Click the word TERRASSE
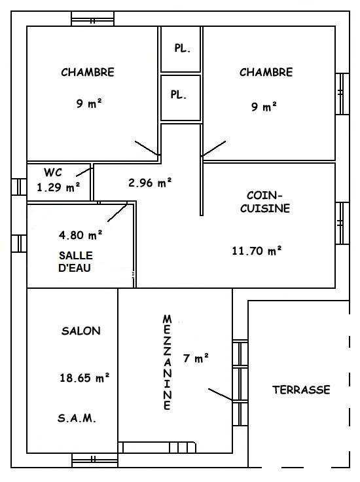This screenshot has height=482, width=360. (301, 390)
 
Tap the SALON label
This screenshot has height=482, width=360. (81, 331)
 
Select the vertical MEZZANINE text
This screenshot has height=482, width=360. (167, 362)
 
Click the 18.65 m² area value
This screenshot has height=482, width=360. (84, 377)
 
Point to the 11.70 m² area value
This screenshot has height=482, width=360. (257, 251)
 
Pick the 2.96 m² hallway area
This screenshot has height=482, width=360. (150, 183)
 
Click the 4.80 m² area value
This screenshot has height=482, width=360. (81, 235)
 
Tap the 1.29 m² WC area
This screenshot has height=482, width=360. (58, 187)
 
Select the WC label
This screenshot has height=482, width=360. (53, 172)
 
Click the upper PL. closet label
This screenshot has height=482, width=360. (183, 48)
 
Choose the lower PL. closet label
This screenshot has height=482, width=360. (179, 95)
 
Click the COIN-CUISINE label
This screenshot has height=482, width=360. (265, 202)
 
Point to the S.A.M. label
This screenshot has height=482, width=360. (77, 418)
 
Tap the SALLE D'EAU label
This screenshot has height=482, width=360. (75, 261)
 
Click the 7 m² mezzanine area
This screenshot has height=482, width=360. (196, 358)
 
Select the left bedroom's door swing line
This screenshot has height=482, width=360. (147, 148)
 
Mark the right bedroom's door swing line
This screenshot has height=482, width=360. (214, 149)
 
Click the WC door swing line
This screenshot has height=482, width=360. (84, 172)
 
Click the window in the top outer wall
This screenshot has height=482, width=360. (93, 19)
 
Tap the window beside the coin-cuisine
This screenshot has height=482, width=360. (342, 223)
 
